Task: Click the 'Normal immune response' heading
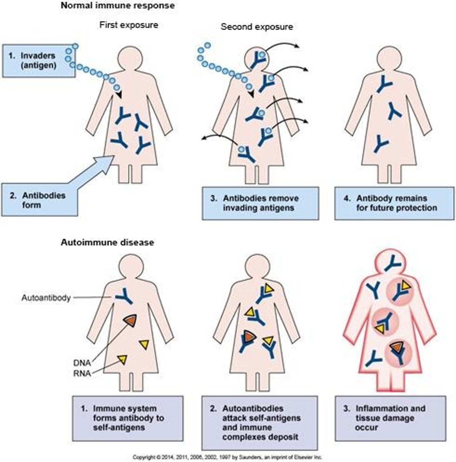click(x=117, y=6)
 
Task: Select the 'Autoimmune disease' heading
click(x=107, y=243)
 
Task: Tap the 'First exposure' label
click(x=129, y=25)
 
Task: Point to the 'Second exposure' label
click(x=257, y=27)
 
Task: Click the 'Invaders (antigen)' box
click(x=38, y=60)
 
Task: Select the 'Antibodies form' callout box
click(x=39, y=200)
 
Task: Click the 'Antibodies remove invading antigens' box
click(x=260, y=203)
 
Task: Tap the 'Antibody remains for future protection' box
click(x=394, y=203)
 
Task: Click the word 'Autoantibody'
click(x=46, y=298)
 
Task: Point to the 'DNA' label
click(x=82, y=363)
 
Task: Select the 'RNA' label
click(x=82, y=373)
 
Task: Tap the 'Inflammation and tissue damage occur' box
click(x=390, y=418)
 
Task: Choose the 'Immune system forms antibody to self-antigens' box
click(x=128, y=418)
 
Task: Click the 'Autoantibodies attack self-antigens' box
click(x=260, y=423)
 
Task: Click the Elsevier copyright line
click(x=227, y=457)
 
